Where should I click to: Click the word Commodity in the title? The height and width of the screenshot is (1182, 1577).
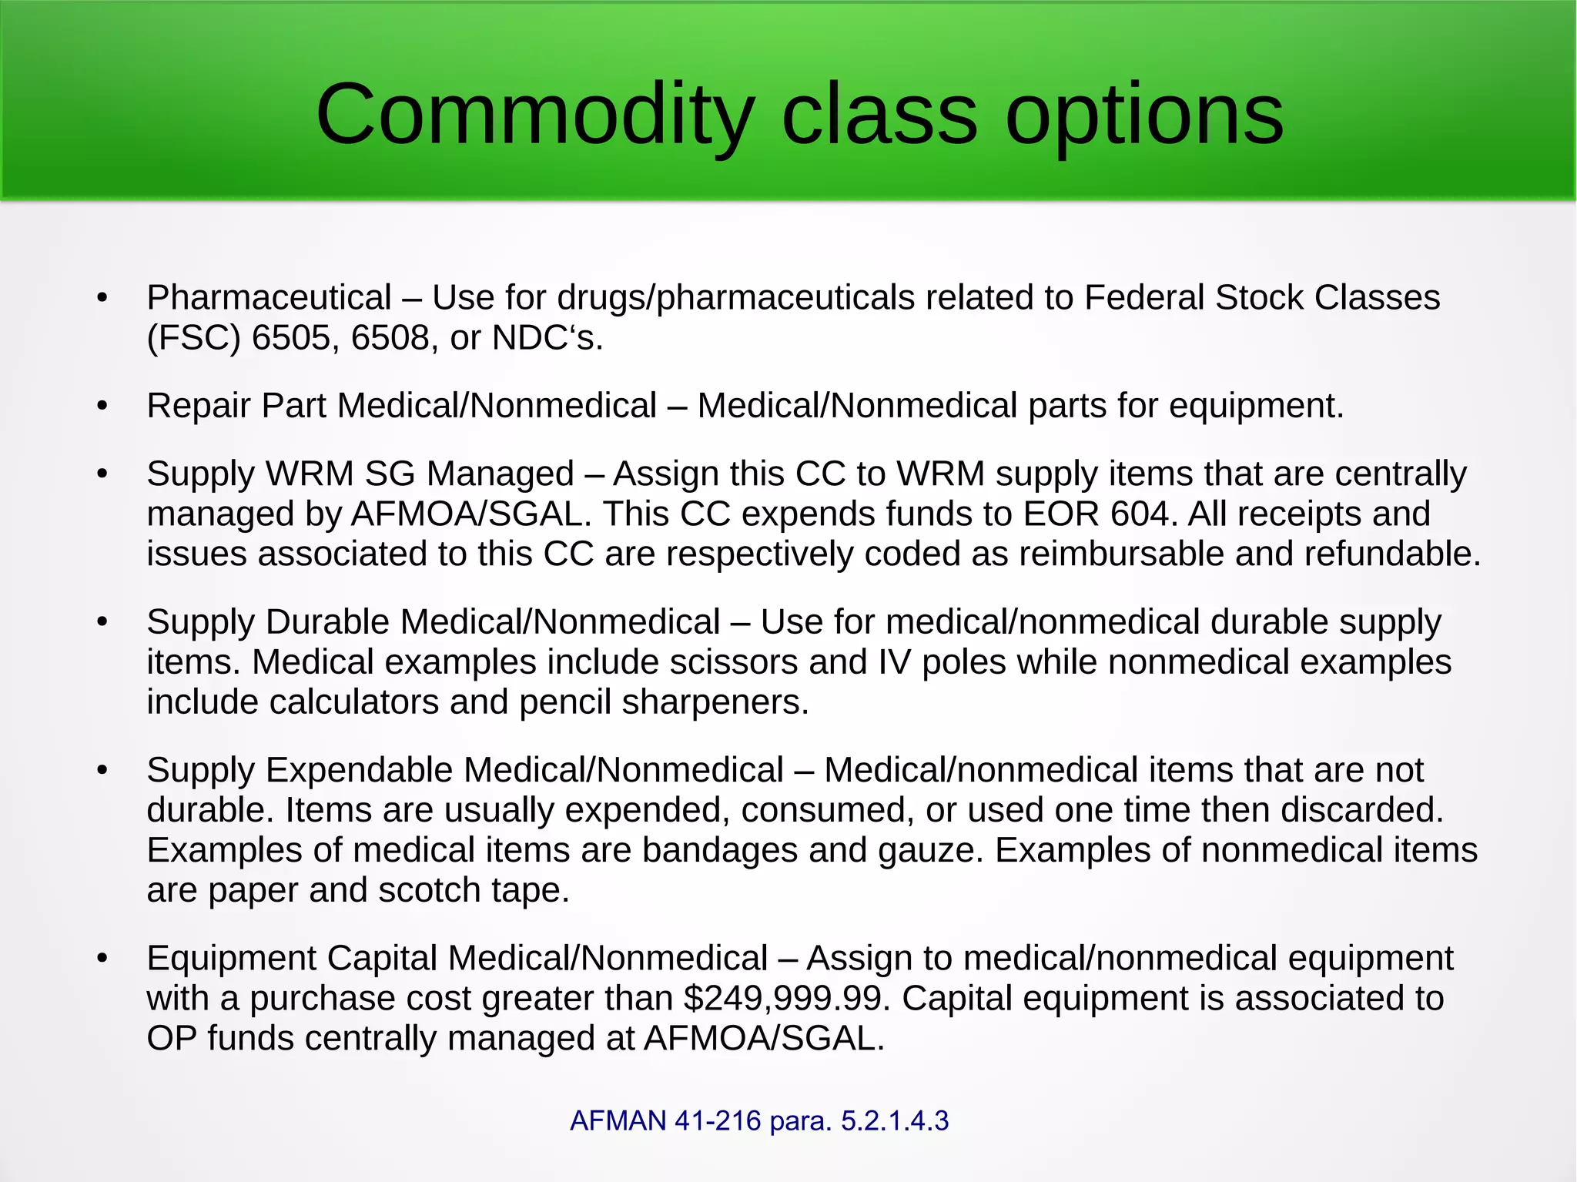(534, 116)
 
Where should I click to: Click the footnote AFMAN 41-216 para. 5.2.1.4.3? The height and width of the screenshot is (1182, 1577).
(759, 1120)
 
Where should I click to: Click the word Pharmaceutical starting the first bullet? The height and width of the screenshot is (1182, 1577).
(270, 298)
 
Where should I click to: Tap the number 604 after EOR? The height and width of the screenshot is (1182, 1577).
(1140, 514)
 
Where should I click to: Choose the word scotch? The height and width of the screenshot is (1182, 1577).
(430, 890)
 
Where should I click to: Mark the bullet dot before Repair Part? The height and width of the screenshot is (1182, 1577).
(102, 407)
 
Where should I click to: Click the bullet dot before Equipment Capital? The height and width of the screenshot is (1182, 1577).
(102, 959)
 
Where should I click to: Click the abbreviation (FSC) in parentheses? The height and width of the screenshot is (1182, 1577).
(194, 338)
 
